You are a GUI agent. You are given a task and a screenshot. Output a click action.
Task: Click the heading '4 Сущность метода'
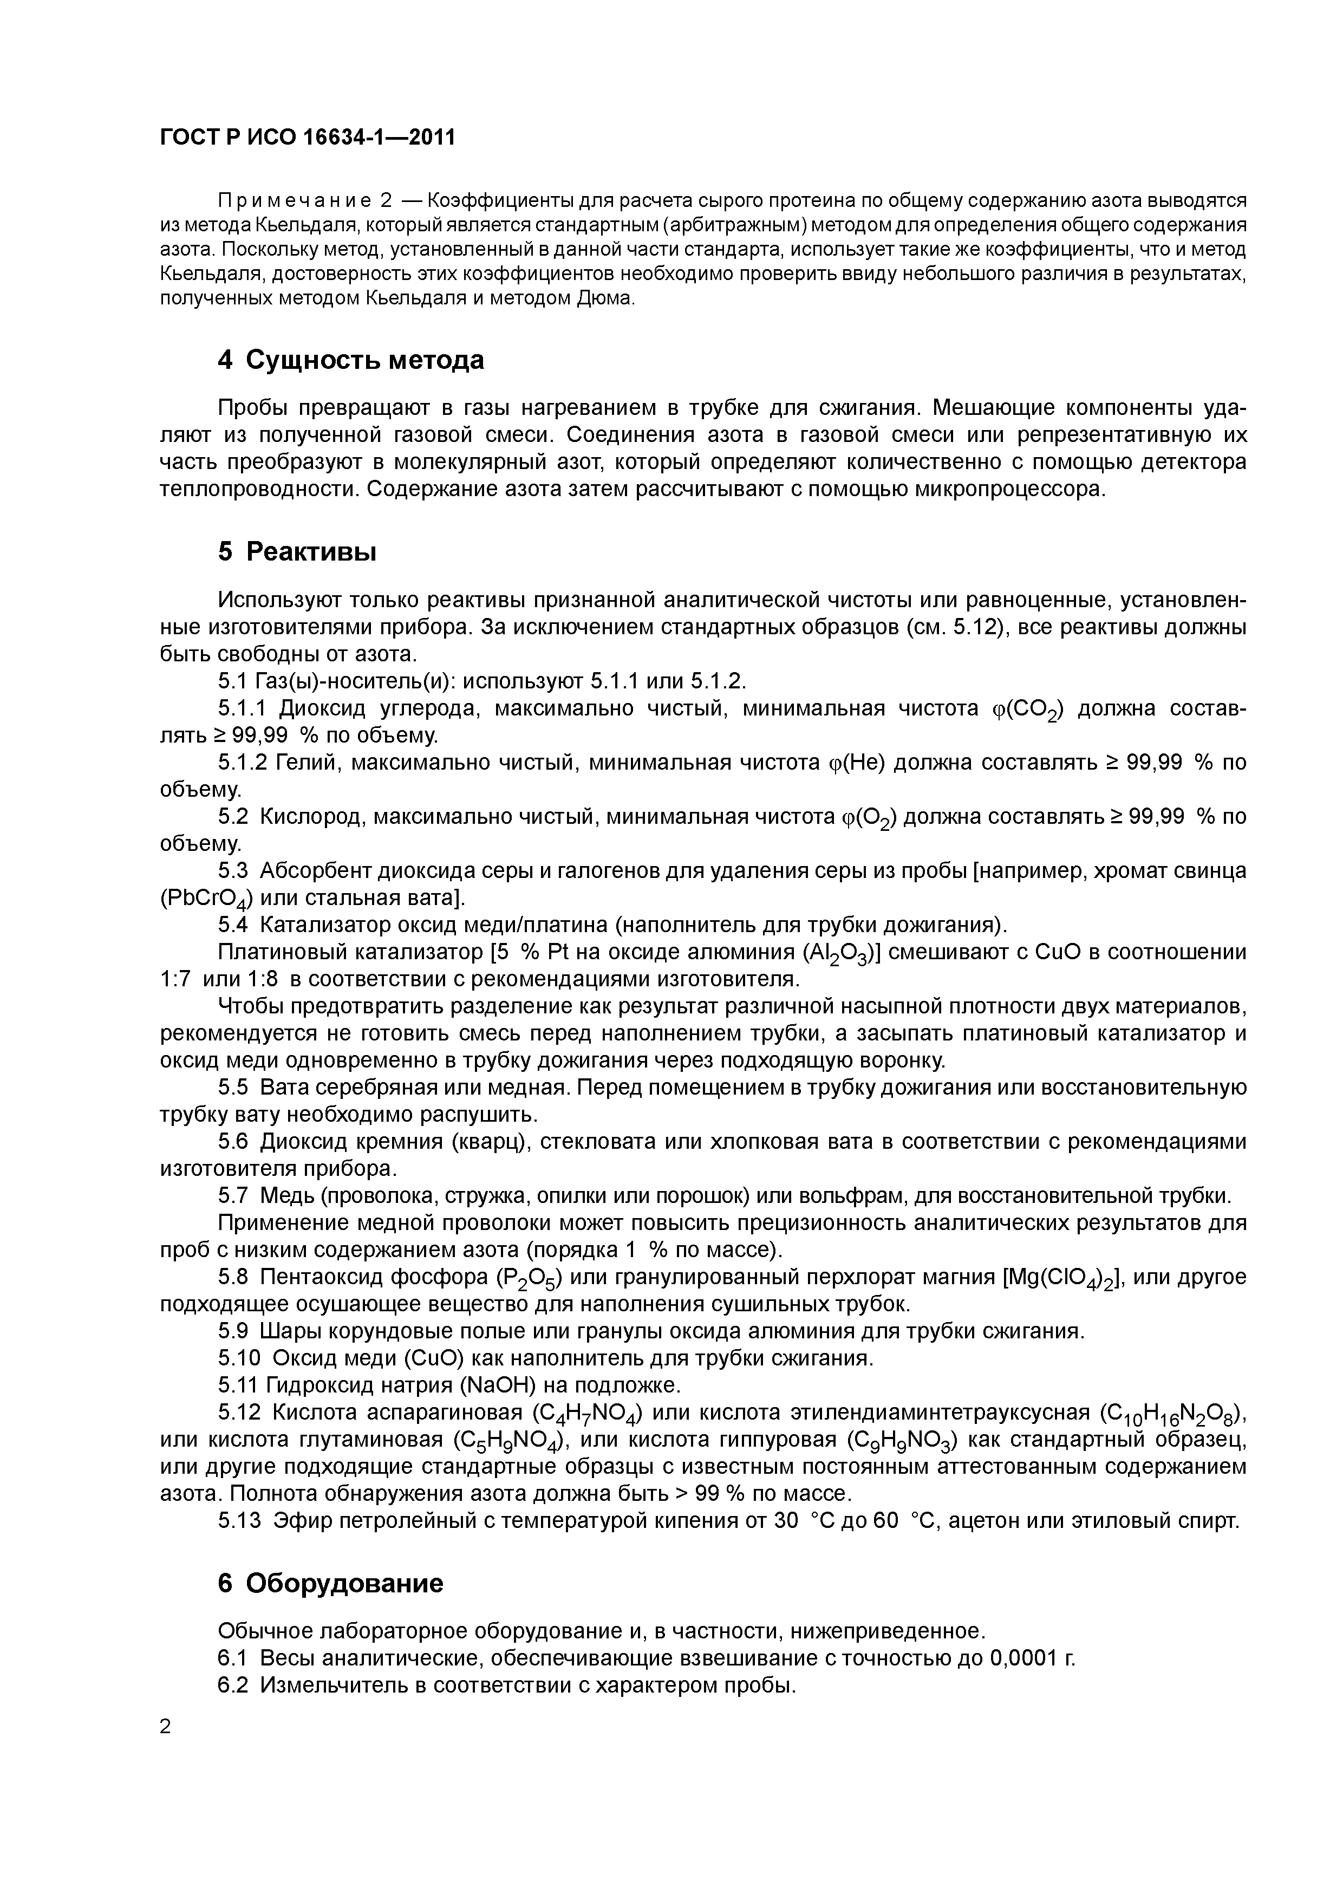351,360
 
